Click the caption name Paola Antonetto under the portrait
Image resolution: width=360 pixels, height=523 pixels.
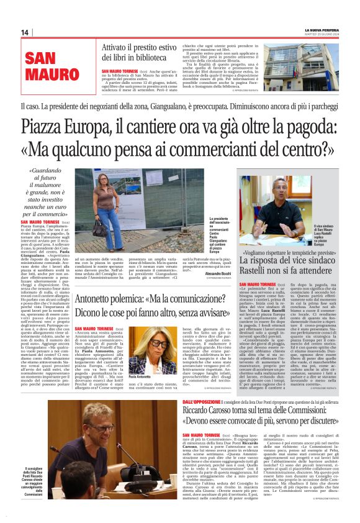tap(141, 376)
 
